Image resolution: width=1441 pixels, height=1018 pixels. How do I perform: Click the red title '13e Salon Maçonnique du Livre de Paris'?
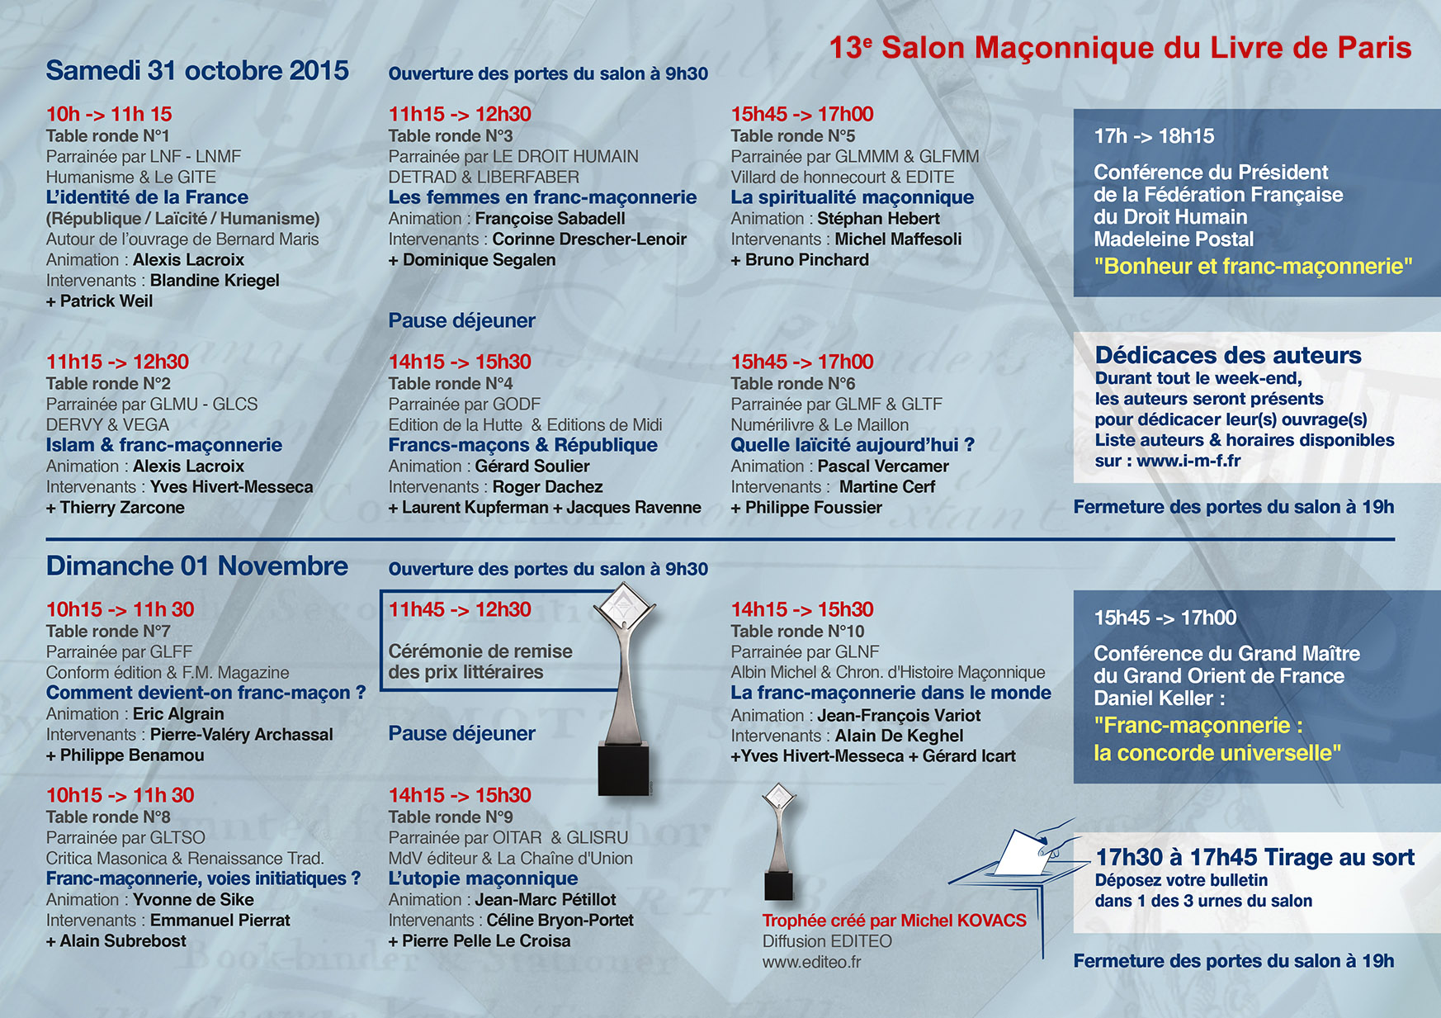coord(1120,48)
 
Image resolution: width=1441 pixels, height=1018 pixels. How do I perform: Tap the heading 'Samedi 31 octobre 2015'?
coord(197,71)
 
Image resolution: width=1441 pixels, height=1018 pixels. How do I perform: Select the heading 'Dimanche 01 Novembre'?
coord(196,566)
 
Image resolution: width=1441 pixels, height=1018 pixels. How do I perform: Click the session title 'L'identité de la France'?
coord(147,197)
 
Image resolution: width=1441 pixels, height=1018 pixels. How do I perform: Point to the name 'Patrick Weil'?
coord(106,301)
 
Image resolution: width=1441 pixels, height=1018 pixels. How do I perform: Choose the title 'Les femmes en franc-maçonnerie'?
coord(542,197)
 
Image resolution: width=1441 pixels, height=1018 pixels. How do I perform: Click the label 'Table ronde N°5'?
coord(792,136)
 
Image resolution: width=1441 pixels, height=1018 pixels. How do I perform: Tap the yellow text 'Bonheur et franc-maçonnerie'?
coord(1253,267)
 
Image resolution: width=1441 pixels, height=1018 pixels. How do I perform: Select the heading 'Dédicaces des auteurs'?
coord(1228,356)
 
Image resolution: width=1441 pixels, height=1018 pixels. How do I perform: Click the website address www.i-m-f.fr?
coord(1188,462)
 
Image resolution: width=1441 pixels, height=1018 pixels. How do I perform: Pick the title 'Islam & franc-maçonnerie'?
coord(163,445)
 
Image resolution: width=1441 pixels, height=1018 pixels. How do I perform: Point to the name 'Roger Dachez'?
coord(547,487)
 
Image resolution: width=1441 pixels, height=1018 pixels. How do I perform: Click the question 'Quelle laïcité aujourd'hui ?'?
coord(852,445)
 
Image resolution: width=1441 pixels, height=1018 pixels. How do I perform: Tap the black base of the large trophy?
coord(623,770)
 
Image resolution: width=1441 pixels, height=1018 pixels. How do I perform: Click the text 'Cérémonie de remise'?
coord(480,651)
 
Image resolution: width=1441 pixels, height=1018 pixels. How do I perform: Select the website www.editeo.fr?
coord(811,962)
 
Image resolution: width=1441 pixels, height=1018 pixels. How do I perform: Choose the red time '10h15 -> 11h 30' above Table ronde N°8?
coord(120,796)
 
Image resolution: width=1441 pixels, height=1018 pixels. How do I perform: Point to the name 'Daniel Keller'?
coord(1153,698)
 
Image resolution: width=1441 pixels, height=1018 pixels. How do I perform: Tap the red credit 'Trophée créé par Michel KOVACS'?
coord(894,921)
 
